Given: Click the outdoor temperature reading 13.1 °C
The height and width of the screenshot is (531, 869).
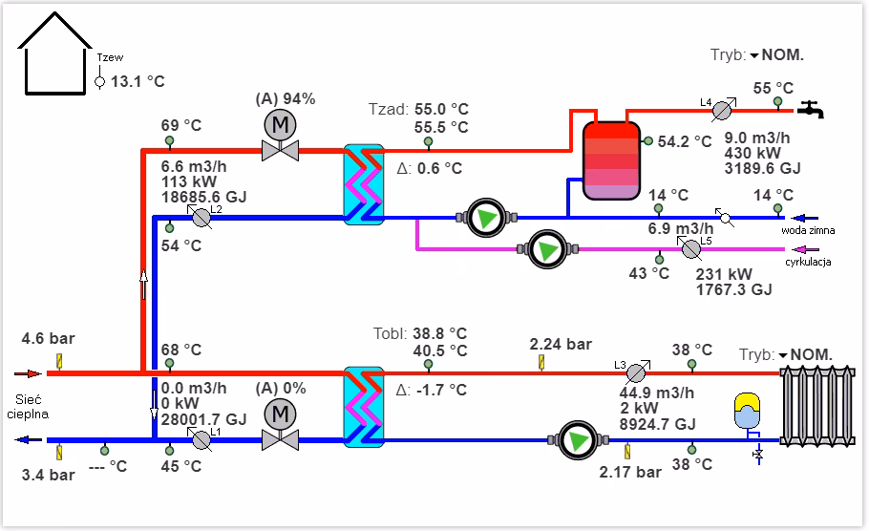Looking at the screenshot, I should click(138, 82).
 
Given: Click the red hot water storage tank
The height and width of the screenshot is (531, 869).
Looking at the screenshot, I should click(611, 159).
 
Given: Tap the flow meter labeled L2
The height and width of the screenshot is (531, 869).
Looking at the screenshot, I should click(201, 217).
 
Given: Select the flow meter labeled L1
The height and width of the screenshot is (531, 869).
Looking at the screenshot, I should click(201, 439).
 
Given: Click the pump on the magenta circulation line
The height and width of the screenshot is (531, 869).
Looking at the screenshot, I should click(547, 250).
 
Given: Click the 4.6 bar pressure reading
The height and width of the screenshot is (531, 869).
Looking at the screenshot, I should click(48, 338).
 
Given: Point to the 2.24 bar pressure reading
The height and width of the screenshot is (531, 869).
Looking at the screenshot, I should click(561, 344).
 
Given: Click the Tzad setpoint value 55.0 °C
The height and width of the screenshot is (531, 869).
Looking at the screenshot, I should click(440, 109).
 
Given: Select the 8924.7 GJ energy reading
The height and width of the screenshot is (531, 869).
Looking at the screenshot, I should click(659, 424).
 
